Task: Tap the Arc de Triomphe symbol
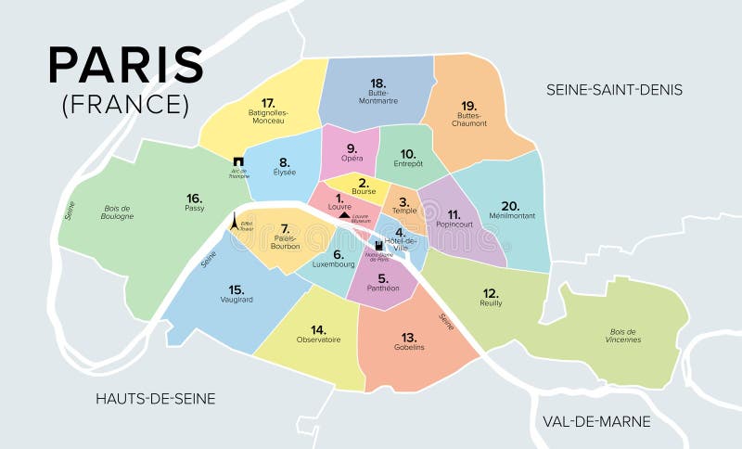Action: click(x=239, y=161)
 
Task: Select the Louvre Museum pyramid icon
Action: click(x=344, y=214)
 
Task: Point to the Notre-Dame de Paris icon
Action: click(x=378, y=247)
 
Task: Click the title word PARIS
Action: click(x=126, y=65)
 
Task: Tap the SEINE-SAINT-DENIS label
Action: click(x=614, y=90)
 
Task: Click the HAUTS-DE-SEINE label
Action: click(x=156, y=399)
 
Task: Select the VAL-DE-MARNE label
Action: click(x=596, y=421)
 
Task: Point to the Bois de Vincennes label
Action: click(x=622, y=335)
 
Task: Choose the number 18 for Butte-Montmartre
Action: click(x=377, y=83)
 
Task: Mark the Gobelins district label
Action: click(x=408, y=347)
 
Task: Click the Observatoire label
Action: click(x=318, y=340)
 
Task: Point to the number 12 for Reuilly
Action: click(x=491, y=291)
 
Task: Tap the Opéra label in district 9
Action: click(x=352, y=158)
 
